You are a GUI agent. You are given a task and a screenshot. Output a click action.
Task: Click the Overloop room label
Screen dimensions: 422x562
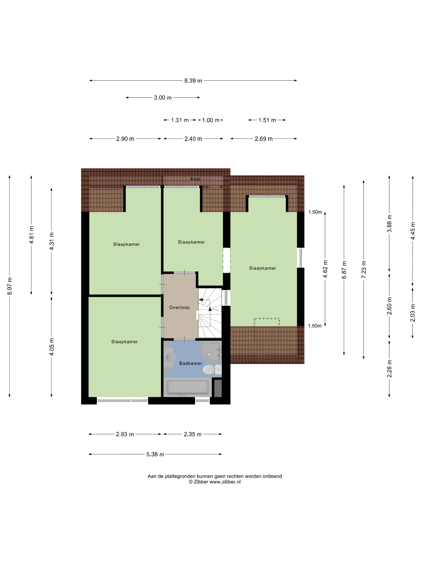(x=179, y=307)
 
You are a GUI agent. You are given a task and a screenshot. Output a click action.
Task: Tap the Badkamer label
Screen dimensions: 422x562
(x=191, y=363)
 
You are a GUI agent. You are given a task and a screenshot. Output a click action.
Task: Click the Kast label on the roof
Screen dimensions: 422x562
(x=195, y=179)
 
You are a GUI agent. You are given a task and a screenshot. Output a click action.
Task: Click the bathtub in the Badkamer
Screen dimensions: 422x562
(x=187, y=387)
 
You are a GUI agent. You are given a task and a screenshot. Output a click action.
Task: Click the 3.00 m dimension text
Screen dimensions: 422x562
(x=163, y=98)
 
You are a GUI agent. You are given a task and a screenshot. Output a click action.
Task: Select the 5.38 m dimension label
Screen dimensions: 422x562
(x=155, y=454)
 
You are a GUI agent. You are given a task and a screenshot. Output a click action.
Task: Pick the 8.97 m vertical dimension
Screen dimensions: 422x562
(x=10, y=286)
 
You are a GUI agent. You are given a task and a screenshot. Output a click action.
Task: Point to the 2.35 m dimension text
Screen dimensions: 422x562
(x=193, y=434)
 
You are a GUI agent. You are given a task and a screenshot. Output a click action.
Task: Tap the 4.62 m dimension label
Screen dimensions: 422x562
(x=325, y=269)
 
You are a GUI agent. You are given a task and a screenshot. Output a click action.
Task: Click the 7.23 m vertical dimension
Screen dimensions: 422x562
(x=364, y=269)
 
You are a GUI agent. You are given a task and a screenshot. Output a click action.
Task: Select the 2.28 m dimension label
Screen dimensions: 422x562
(x=389, y=369)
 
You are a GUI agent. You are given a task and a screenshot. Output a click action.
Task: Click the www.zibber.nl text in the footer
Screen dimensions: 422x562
(x=225, y=482)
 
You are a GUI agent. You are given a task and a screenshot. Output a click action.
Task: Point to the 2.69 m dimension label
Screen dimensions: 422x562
(x=263, y=139)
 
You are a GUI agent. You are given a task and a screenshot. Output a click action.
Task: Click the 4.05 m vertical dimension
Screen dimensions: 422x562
(x=52, y=347)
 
